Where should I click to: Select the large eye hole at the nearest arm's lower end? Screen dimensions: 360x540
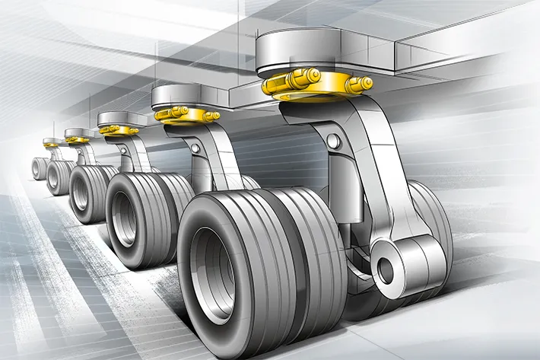click(386, 269)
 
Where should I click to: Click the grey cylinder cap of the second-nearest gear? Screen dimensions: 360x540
click(175, 96)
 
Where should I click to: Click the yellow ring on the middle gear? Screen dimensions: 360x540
click(119, 129)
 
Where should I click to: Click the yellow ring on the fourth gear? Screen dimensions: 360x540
click(77, 139)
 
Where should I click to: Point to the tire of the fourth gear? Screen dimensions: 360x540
click(59, 178)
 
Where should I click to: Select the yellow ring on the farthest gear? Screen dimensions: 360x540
click(51, 145)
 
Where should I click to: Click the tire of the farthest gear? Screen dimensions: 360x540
click(39, 168)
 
